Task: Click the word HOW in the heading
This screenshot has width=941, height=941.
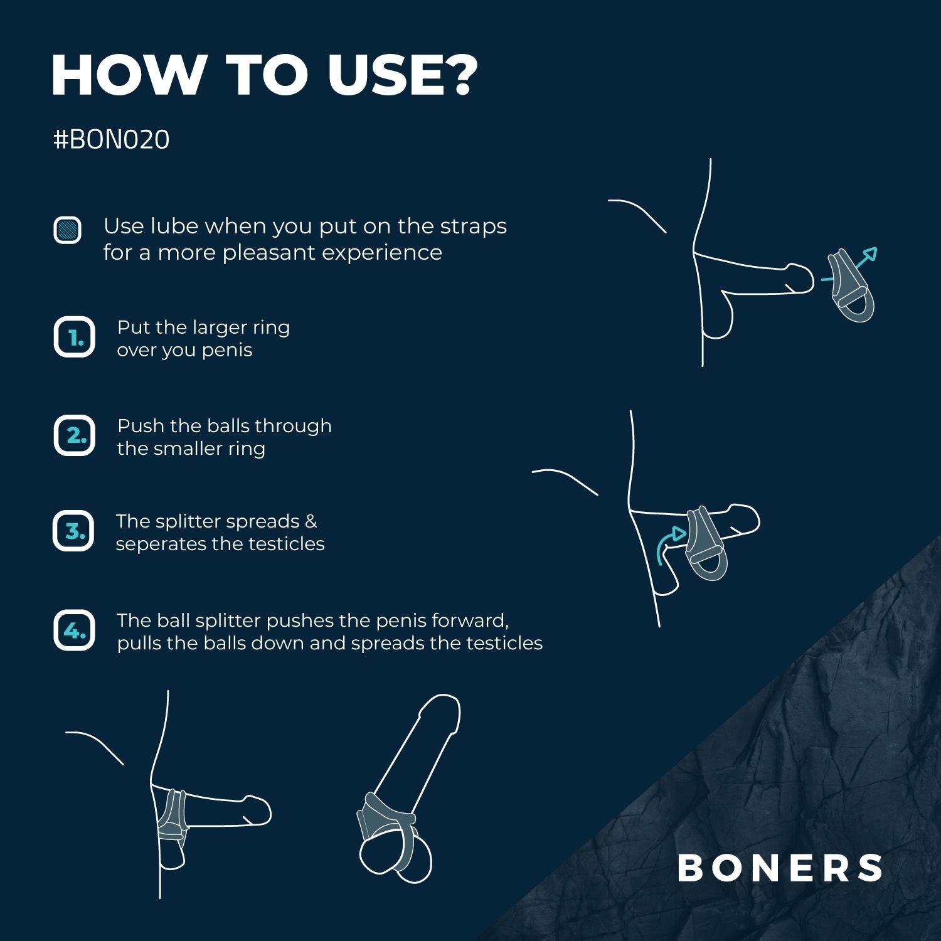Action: click(125, 75)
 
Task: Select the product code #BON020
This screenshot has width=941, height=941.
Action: click(112, 139)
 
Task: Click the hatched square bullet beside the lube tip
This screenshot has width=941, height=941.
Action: click(67, 230)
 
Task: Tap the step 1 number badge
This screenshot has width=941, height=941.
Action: click(74, 338)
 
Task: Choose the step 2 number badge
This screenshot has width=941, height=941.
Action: click(74, 435)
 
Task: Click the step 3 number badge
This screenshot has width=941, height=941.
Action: click(73, 531)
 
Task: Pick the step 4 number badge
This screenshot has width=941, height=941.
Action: click(74, 630)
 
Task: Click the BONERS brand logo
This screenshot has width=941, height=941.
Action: click(780, 868)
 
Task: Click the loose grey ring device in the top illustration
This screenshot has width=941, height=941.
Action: click(852, 287)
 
